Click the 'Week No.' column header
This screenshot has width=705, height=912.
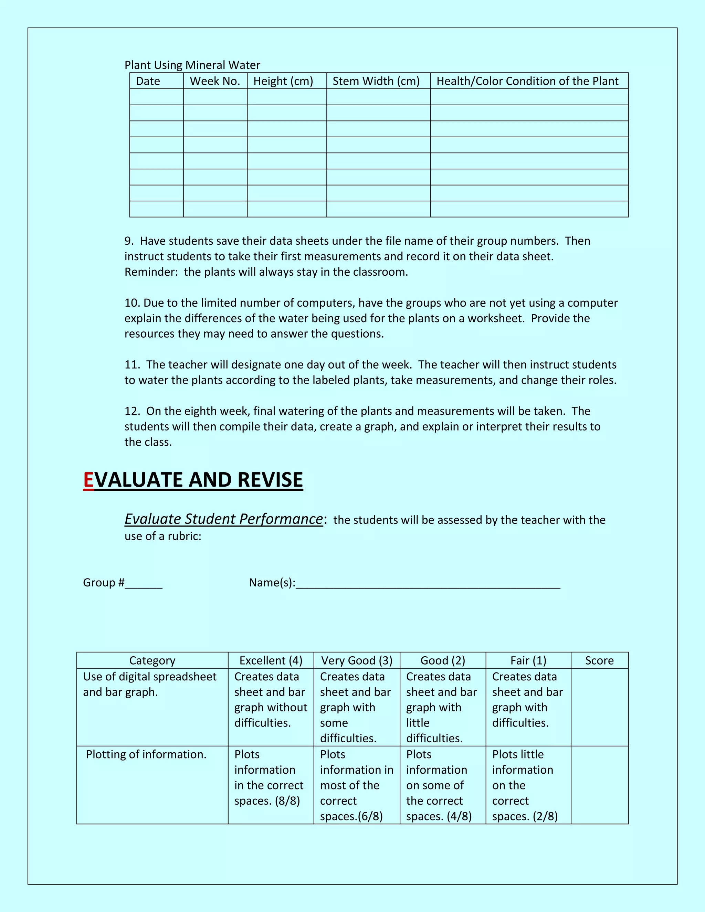coord(215,81)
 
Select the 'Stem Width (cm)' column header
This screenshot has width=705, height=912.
coord(376,81)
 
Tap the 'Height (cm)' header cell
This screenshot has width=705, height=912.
coord(283,81)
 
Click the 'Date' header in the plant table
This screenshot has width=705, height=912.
coord(148,81)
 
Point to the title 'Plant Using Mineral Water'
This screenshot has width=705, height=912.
coord(192,65)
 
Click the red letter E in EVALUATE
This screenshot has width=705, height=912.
coord(88,480)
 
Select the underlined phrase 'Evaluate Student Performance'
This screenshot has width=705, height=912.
coord(223,519)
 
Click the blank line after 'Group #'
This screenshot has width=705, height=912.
coord(143,584)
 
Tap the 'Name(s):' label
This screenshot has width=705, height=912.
coord(272,583)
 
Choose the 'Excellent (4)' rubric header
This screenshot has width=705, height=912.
coord(271,661)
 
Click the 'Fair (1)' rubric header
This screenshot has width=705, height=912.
coord(528,661)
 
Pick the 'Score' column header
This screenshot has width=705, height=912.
coord(599,661)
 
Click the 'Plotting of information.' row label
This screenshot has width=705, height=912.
coord(146,755)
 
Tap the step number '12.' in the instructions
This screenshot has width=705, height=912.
coord(132,411)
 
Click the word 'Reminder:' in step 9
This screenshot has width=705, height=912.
coord(151,272)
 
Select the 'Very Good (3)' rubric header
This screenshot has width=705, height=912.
coord(357,661)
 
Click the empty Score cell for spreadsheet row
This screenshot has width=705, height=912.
coord(599,707)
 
